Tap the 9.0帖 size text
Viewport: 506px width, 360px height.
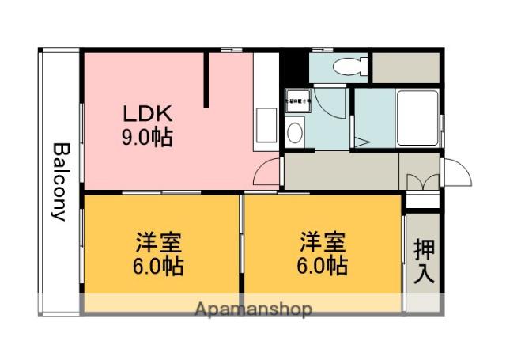pos(147,138)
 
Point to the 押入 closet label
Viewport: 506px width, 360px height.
pos(424,263)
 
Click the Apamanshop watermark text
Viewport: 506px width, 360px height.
pos(253,308)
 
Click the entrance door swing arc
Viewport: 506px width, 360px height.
pos(457,170)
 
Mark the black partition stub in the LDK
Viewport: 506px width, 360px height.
pos(207,79)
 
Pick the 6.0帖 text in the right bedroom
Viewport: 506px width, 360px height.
pos(321,266)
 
